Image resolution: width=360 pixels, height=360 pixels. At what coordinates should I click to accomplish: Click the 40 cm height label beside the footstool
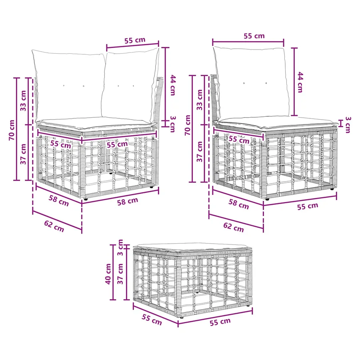(x=108, y=274)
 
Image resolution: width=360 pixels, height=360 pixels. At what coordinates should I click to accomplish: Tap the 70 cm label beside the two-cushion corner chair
(x=12, y=130)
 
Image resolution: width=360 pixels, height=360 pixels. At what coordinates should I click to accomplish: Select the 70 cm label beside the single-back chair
(x=188, y=125)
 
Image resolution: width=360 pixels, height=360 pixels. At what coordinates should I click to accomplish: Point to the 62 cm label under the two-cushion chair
(x=54, y=226)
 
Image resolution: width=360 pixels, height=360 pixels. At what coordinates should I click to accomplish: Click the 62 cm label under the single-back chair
(x=234, y=227)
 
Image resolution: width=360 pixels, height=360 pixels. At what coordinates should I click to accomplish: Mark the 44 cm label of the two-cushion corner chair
(x=173, y=85)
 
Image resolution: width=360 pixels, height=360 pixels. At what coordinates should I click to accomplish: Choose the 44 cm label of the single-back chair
(x=300, y=82)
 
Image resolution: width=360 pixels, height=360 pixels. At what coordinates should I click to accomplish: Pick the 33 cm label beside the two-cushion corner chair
(x=23, y=101)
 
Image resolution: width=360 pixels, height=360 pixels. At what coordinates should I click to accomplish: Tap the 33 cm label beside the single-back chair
(x=200, y=100)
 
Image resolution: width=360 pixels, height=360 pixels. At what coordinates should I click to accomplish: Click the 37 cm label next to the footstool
(x=120, y=274)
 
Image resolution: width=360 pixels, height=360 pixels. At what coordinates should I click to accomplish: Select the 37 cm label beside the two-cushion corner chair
(x=23, y=154)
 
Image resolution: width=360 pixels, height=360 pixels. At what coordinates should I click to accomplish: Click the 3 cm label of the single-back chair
(x=348, y=125)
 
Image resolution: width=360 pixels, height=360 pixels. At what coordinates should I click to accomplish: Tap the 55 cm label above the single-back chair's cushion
(x=254, y=36)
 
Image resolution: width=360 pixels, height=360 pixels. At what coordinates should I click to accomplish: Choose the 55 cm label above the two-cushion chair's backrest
(x=135, y=40)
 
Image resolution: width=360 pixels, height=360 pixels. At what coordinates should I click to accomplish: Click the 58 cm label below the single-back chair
(x=239, y=204)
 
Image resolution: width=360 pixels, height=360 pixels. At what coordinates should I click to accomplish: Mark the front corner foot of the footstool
(x=182, y=317)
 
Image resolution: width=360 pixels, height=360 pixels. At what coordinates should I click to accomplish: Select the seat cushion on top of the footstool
(x=193, y=248)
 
